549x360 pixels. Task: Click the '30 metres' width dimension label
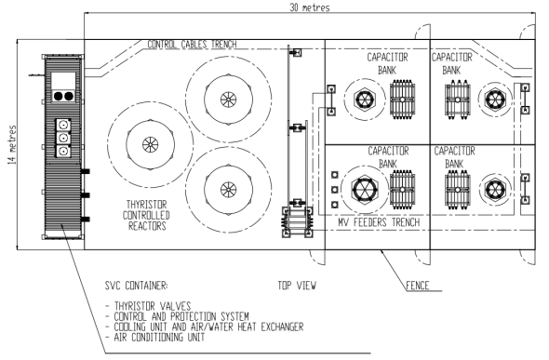(x=310, y=7)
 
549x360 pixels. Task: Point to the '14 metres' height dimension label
(x=12, y=144)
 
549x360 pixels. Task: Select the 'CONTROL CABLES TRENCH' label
(x=192, y=45)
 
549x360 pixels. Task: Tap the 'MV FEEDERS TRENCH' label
(x=379, y=221)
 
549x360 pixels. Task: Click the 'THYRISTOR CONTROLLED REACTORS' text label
(x=146, y=215)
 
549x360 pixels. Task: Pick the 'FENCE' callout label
(x=418, y=286)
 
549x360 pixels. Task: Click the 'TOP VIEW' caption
(x=297, y=286)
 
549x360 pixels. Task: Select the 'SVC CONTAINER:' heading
(x=136, y=286)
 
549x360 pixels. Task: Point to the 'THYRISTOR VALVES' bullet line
(x=148, y=306)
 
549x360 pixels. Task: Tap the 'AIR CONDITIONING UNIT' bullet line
(x=155, y=338)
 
